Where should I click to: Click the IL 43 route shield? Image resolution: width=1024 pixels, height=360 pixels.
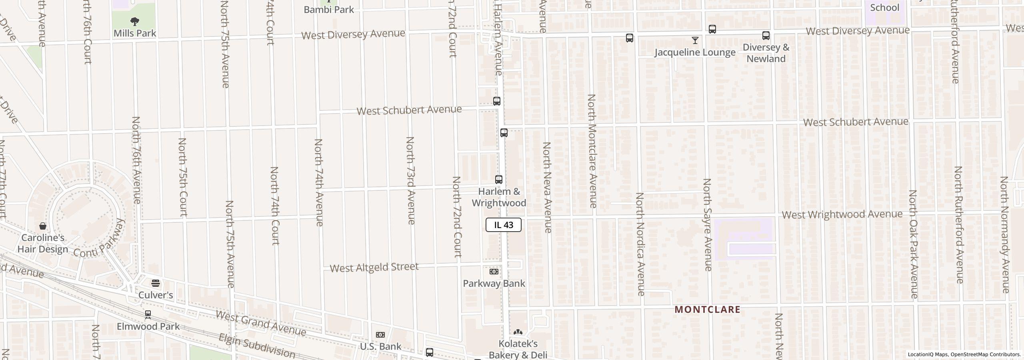point(503,225)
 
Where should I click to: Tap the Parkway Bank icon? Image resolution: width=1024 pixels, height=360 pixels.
point(494,272)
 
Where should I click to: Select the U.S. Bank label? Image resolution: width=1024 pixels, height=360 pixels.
point(380,346)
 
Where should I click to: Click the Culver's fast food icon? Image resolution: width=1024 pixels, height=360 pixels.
point(156,284)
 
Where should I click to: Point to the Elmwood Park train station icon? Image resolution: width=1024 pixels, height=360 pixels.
point(148,315)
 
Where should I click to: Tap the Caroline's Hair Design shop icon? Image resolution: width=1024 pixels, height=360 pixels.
point(43,226)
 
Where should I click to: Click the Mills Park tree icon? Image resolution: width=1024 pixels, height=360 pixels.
point(135,21)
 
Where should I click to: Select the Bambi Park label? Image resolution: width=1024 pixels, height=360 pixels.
point(329,10)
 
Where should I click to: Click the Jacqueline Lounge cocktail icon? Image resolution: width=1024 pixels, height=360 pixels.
point(695,40)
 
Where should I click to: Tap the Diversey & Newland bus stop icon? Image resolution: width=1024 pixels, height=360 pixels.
point(766,36)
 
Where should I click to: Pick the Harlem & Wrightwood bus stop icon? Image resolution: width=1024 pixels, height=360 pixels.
point(499,180)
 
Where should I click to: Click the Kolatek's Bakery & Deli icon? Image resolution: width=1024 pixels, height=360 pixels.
point(518,332)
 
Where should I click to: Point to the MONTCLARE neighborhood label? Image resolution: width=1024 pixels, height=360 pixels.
point(707,310)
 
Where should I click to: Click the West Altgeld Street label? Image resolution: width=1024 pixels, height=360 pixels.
point(374,267)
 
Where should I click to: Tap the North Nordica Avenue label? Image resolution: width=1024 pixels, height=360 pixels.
point(640,244)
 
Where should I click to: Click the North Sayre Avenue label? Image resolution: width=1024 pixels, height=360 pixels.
point(707,225)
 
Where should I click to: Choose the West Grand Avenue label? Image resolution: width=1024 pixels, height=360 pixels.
point(261,323)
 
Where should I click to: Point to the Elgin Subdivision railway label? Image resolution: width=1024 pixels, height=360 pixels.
point(257,346)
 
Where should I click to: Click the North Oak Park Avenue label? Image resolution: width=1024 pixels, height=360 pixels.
point(913,244)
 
